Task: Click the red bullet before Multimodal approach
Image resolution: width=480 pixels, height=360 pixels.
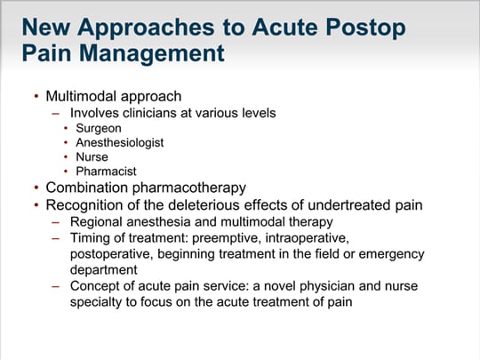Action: [x=36, y=96]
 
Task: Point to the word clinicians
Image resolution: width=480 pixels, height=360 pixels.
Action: [x=149, y=113]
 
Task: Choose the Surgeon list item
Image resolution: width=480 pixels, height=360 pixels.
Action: [x=99, y=129]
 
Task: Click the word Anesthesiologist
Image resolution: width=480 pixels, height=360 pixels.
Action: [x=120, y=142]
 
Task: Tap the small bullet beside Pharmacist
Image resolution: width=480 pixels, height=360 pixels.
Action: [x=66, y=172]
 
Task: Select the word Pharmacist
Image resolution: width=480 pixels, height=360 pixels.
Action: [x=106, y=172]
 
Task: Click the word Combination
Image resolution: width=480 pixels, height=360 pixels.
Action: [x=86, y=188]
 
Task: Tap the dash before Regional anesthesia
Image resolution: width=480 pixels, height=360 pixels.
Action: [x=55, y=222]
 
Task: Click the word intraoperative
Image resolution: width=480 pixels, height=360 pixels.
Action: [x=307, y=238]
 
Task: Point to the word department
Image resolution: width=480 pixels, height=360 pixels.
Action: [x=104, y=270]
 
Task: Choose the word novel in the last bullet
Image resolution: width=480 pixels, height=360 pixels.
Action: [x=280, y=286]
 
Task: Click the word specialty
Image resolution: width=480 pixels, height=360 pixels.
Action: [x=96, y=302]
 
